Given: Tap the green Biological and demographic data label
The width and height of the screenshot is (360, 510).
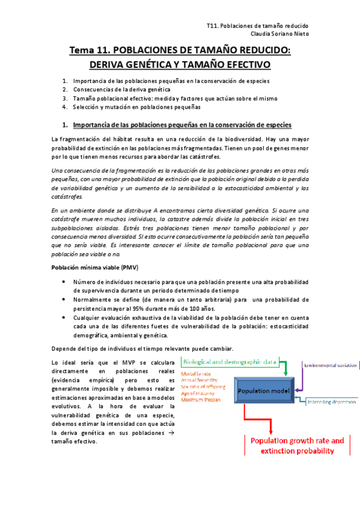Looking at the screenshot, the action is [x=230, y=362].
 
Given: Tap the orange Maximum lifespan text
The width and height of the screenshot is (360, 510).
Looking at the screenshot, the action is [x=203, y=400].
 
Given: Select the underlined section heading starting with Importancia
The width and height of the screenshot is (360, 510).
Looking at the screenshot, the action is [x=182, y=124].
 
